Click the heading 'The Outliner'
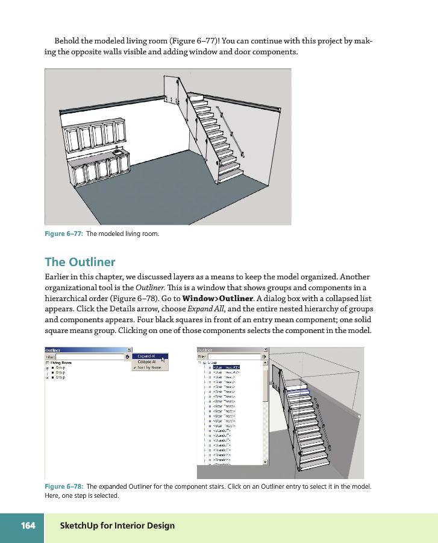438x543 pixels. click(x=80, y=262)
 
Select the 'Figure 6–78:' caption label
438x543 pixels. click(x=64, y=486)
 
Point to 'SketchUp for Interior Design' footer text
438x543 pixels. click(x=117, y=526)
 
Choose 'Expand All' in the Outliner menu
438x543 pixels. click(x=146, y=356)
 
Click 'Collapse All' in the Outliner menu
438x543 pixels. click(x=147, y=361)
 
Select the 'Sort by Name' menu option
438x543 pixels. click(x=149, y=367)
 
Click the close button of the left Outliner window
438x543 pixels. click(x=129, y=349)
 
